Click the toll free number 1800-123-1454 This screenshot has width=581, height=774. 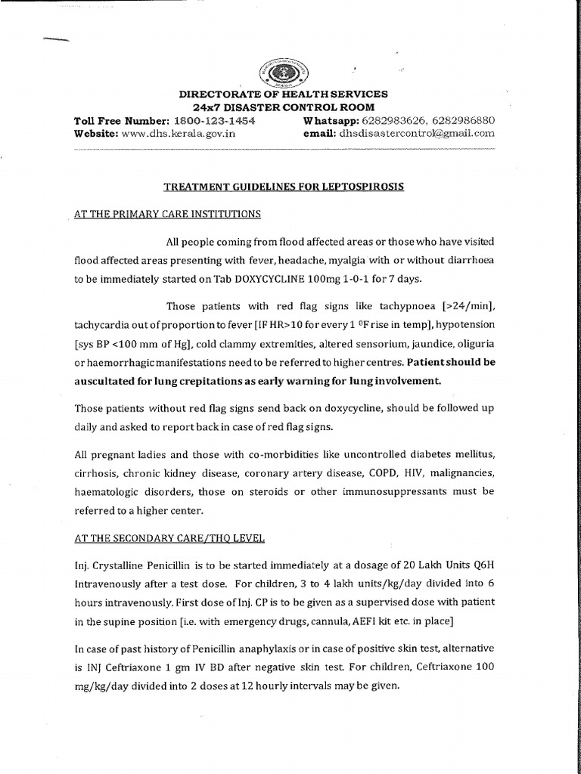pyautogui.click(x=215, y=120)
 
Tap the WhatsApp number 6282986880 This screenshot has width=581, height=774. pyautogui.click(x=465, y=120)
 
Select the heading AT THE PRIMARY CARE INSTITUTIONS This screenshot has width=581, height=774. pyautogui.click(x=168, y=214)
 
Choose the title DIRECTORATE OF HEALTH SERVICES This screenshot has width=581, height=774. pyautogui.click(x=283, y=94)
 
